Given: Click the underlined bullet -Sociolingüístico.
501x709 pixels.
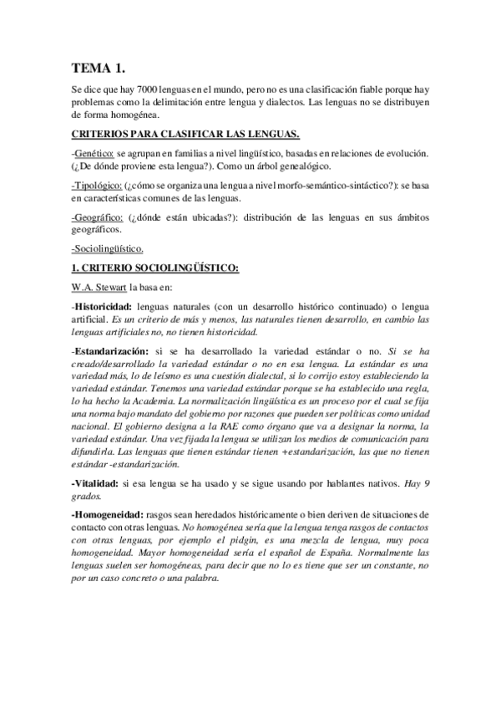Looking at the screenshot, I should [x=108, y=247].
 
